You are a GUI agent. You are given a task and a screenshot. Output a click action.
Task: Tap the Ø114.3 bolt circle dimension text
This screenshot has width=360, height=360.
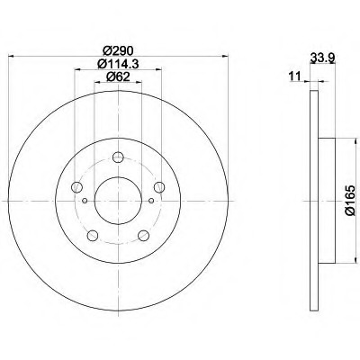pyautogui.click(x=118, y=64)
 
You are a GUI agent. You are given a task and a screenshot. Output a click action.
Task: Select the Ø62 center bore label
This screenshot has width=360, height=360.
pyautogui.click(x=118, y=77)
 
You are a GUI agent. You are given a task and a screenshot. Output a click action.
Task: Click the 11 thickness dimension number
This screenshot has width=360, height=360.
pyautogui.click(x=294, y=76)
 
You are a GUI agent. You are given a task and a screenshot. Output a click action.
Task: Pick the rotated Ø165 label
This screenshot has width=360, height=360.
pyautogui.click(x=350, y=200)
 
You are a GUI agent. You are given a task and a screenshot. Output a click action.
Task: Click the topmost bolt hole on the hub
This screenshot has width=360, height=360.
pyautogui.click(x=118, y=157)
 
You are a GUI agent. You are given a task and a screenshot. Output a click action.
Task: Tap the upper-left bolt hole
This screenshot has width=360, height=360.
pyautogui.click(x=76, y=187)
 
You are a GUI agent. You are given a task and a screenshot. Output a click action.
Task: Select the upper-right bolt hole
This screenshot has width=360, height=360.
pyautogui.click(x=159, y=187)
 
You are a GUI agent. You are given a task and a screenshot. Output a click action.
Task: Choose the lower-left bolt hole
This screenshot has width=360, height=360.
pyautogui.click(x=93, y=235)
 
